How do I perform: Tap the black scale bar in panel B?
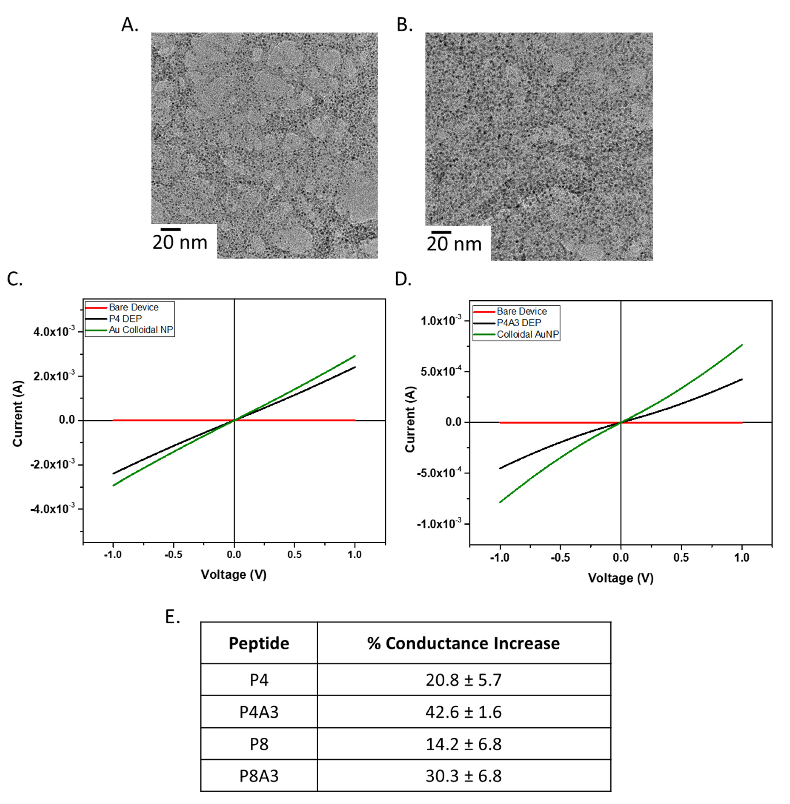click(x=441, y=232)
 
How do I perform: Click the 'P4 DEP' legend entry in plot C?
click(x=125, y=319)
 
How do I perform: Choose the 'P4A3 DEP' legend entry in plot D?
click(x=519, y=323)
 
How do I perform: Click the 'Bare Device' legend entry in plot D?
click(x=522, y=311)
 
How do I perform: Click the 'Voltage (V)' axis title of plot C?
click(x=234, y=575)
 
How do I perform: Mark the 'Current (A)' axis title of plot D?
click(x=410, y=419)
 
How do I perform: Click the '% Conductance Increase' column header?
click(x=464, y=643)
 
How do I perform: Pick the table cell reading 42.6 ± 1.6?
click(x=464, y=712)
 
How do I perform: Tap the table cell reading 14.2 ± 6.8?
click(x=464, y=744)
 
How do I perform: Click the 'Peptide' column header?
click(x=259, y=643)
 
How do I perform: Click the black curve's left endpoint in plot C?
click(x=113, y=473)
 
